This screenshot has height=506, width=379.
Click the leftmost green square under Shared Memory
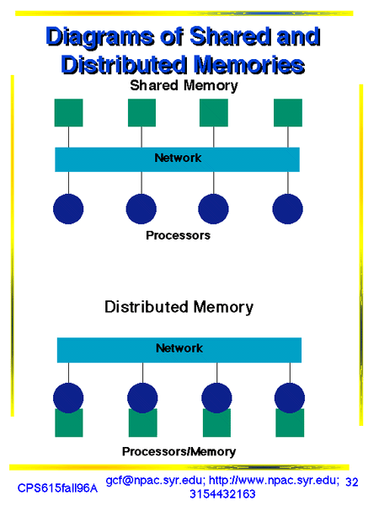[x=69, y=113]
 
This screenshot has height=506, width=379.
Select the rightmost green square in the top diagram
[x=288, y=113]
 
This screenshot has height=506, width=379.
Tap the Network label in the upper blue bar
[x=178, y=158]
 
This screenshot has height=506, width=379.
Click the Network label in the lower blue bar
[x=179, y=348]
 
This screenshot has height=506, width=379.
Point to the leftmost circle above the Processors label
[x=68, y=209]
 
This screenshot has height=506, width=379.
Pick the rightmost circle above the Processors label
[x=287, y=209]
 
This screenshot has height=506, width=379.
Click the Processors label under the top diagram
[x=178, y=235]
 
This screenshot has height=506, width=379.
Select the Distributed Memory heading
[x=179, y=307]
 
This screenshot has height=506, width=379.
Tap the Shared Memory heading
[x=184, y=86]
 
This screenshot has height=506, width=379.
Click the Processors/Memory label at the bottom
[x=179, y=451]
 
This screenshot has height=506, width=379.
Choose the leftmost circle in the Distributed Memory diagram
[x=68, y=398]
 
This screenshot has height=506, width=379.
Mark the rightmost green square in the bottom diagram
[x=290, y=423]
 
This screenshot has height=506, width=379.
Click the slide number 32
[x=351, y=482]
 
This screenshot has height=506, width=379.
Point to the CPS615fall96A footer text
[x=57, y=488]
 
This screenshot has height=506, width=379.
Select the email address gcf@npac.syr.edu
[x=155, y=481]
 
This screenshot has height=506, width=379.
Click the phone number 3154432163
[x=222, y=494]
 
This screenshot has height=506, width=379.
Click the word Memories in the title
[x=250, y=65]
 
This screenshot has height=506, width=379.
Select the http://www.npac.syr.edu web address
[x=274, y=481]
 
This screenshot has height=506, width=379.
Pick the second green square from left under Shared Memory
[x=141, y=113]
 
